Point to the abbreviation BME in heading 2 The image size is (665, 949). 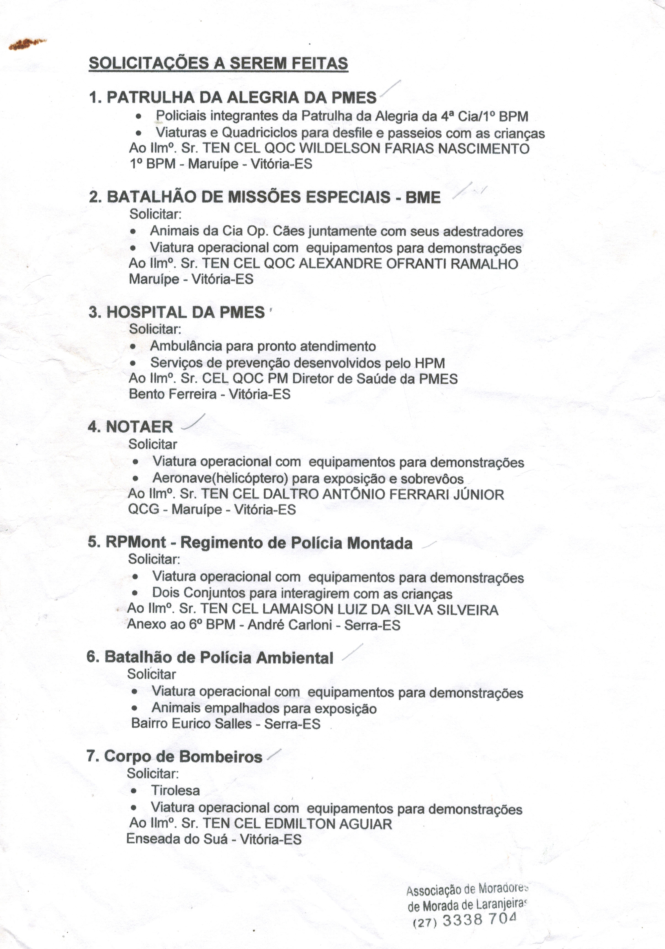pyautogui.click(x=423, y=197)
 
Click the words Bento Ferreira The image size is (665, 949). pyautogui.click(x=173, y=394)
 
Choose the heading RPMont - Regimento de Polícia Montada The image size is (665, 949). pyautogui.click(x=250, y=543)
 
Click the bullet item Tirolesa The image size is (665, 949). pyautogui.click(x=175, y=790)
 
